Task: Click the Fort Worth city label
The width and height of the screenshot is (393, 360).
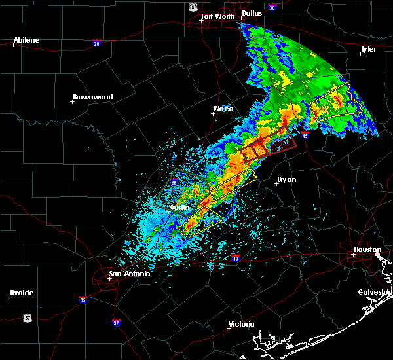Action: tap(217, 16)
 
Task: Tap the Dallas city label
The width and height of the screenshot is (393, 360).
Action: tap(252, 12)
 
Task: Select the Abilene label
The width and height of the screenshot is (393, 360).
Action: tap(26, 40)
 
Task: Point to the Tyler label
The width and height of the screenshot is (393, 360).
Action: tap(369, 49)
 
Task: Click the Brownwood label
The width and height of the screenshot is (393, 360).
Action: tap(92, 97)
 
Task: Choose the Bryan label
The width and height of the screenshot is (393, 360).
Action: tap(287, 179)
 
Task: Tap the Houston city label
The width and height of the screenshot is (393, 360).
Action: tap(367, 249)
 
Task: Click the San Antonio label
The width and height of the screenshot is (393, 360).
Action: tap(129, 274)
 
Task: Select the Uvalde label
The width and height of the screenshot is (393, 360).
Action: tap(21, 292)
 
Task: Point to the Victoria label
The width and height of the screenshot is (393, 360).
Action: tap(240, 324)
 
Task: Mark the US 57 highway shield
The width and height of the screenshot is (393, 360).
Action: tap(27, 317)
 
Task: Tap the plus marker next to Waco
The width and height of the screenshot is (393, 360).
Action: tap(213, 113)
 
